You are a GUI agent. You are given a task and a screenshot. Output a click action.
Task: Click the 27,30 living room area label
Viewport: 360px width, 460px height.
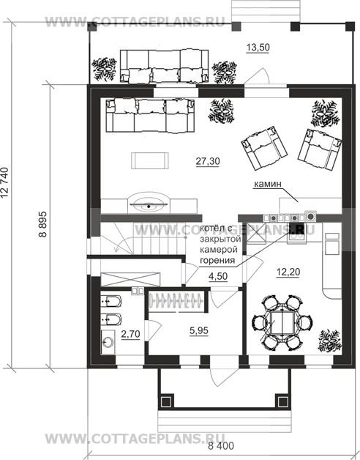208,161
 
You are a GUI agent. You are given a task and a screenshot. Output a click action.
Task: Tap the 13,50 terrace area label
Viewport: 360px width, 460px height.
258,47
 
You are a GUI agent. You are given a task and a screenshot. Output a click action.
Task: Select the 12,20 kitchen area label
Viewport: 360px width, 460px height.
288,272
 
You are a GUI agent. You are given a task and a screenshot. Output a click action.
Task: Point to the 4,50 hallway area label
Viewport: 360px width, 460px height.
218,277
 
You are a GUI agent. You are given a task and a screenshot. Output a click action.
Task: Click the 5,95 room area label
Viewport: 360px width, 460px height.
199,330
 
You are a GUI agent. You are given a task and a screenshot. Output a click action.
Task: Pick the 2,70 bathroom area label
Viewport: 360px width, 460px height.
130,334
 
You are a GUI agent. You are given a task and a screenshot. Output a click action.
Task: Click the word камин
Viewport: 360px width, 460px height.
267,184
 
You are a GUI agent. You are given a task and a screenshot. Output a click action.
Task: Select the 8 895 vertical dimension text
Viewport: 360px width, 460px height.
42,224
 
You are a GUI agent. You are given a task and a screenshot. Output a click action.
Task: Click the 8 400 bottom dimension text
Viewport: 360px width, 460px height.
221,446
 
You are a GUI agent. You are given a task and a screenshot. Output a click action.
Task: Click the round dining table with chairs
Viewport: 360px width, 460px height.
282,323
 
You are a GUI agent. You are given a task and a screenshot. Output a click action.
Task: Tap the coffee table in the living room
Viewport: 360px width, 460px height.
150,160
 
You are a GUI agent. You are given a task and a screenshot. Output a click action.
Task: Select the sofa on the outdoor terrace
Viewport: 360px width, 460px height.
164,66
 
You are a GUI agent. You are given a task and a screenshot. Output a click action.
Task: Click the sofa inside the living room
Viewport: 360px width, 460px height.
151,116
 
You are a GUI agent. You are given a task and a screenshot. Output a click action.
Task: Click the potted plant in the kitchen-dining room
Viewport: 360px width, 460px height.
329,340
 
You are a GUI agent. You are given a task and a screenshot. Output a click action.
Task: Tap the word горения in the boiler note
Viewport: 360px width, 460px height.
217,260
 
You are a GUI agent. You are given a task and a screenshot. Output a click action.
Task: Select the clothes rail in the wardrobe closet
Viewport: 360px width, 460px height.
176,301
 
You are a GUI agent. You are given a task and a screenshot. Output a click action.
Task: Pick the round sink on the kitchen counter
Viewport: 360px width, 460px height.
311,216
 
